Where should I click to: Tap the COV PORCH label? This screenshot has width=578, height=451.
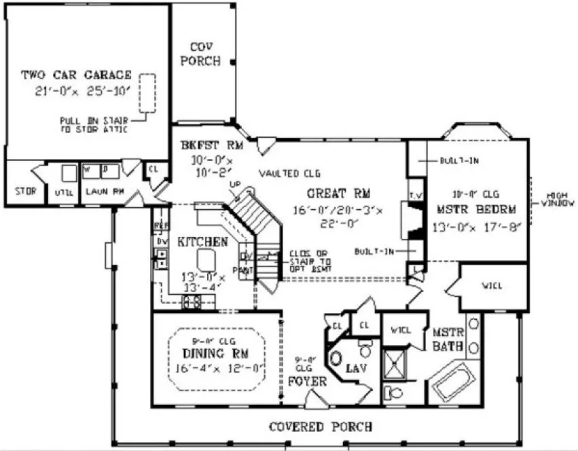[204, 54]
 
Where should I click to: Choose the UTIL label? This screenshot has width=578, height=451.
[65, 193]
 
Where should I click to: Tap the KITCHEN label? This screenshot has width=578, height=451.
[202, 242]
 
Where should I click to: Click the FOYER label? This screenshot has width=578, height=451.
[308, 381]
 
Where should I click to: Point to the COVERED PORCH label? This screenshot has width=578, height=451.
[320, 427]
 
